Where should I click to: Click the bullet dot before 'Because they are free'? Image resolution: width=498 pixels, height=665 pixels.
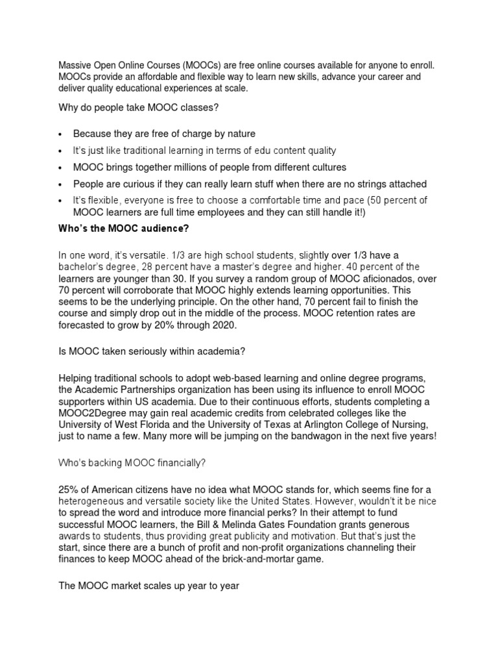60,134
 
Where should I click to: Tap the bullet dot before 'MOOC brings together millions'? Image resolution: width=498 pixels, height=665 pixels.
60,168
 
